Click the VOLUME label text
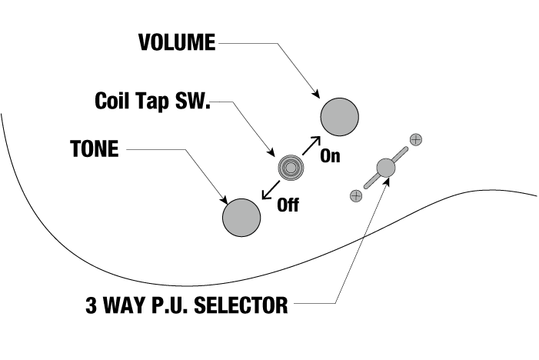177,42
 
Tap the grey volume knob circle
340,117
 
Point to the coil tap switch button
290,166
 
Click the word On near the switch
330,155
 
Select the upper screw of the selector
416,140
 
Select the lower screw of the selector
355,195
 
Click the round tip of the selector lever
386,167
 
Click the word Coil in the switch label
112,100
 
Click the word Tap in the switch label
152,101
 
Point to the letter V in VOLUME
145,42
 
